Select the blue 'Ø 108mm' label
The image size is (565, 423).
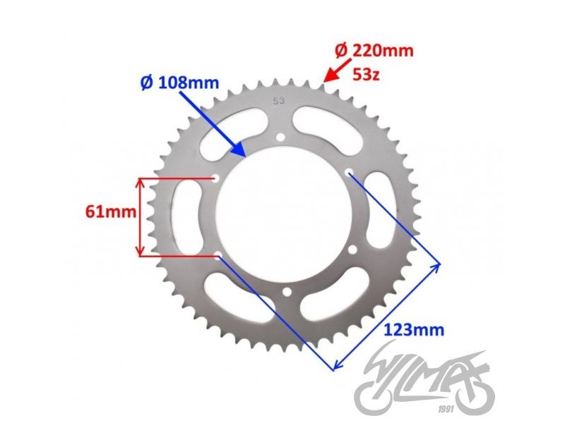[x=179, y=82]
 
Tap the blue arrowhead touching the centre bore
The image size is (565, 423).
[x=240, y=151]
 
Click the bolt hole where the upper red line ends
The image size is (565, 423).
[x=215, y=178]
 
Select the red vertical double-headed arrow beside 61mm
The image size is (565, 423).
[x=141, y=217]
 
